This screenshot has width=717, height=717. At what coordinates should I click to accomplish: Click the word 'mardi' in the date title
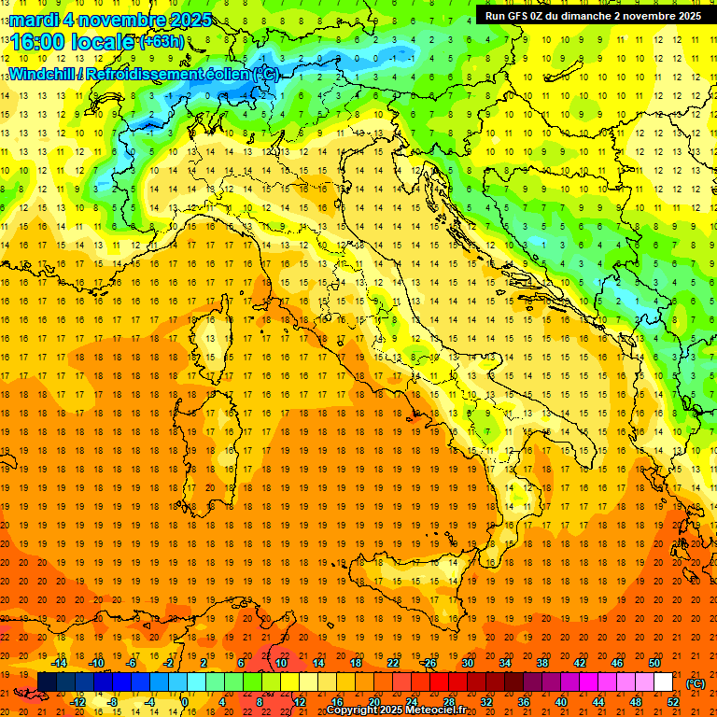pos(33,20)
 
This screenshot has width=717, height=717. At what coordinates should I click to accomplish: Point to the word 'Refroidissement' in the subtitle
pos(143,74)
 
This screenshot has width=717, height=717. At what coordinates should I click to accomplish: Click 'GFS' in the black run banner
pos(522,16)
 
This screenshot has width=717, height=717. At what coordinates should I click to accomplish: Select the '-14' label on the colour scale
pos(59,662)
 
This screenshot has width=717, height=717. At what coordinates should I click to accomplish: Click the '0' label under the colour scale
pos(185,702)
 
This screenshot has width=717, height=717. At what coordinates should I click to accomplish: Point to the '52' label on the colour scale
pos(673,702)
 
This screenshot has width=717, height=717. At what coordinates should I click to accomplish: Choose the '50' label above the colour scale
pos(654,662)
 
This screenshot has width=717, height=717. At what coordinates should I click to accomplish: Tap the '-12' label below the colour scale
pos(78,702)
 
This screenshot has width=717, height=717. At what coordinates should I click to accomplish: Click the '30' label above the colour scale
pos(467,662)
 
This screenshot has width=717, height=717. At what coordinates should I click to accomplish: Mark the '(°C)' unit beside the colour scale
pos(696,682)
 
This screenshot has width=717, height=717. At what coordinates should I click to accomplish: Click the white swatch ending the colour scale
pos(663,682)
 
